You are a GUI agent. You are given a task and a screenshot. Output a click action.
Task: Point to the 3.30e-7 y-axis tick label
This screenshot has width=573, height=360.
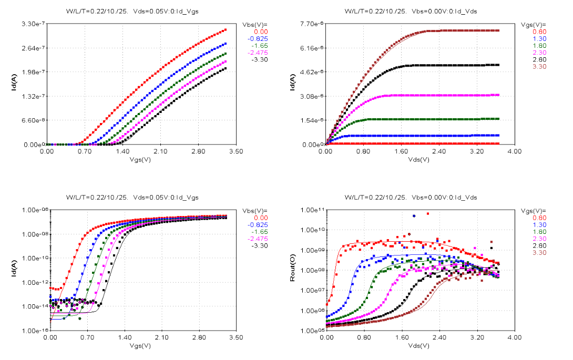(x=31, y=24)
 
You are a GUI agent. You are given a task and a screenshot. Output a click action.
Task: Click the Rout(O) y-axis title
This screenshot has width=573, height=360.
(x=293, y=270)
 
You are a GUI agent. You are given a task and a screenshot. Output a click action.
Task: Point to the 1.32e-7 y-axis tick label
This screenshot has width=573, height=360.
(x=31, y=96)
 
